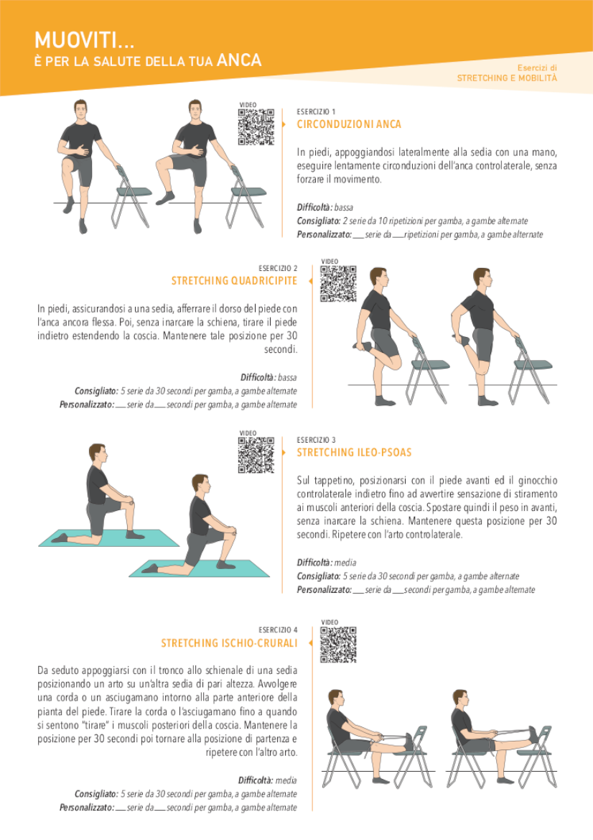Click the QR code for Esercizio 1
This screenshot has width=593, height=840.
coord(256,127)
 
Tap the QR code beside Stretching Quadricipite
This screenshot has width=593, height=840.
coord(338,284)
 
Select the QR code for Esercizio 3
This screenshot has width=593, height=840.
coord(256,456)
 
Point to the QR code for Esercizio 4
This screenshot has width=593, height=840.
coord(338,645)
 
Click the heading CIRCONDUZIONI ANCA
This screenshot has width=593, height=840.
coord(349,124)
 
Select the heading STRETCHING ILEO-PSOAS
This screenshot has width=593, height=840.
coord(355,453)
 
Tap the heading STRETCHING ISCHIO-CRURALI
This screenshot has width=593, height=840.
coord(229,643)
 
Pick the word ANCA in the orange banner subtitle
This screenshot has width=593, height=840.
coord(239,60)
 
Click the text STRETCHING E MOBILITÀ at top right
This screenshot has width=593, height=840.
coord(507,78)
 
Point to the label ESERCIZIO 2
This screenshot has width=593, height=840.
coord(278,269)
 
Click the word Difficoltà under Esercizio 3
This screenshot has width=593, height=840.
coord(314,563)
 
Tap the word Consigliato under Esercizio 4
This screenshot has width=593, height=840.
coord(96,794)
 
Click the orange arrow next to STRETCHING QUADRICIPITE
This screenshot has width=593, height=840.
coord(310,281)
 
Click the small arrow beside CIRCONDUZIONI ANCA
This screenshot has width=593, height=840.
coord(284,124)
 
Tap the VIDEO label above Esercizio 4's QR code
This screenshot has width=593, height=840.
coord(330,622)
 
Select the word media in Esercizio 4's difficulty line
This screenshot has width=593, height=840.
coord(286,780)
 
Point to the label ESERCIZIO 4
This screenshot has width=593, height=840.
coord(278,630)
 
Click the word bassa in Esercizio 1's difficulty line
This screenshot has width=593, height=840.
coord(344,208)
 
